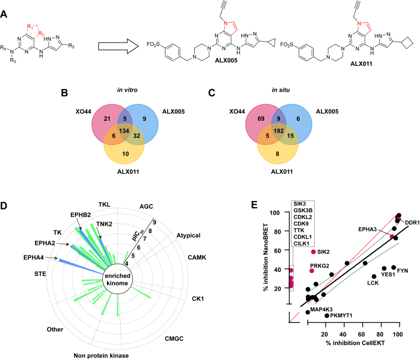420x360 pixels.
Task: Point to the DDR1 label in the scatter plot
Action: click(x=412, y=223)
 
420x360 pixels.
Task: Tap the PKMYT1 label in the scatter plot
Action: click(x=345, y=316)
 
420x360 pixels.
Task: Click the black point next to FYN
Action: click(x=393, y=268)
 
